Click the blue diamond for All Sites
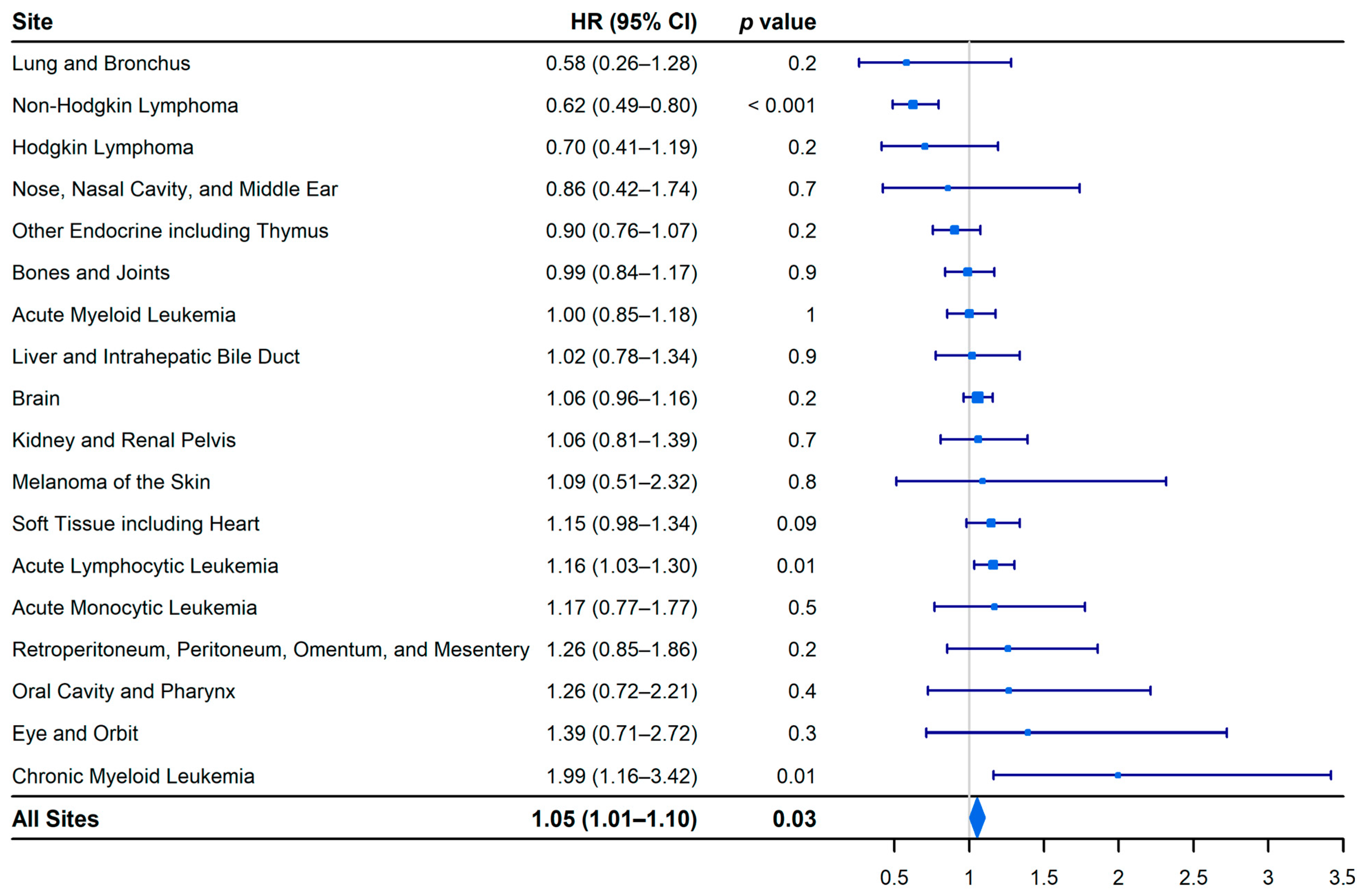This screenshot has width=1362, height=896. point(977,818)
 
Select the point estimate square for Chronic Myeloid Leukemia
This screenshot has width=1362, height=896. point(1118,775)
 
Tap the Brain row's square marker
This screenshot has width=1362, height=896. point(977,398)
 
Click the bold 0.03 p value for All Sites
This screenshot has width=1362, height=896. point(794,819)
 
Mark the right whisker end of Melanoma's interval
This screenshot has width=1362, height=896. point(1166,481)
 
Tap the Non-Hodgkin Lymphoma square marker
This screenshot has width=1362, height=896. point(913,105)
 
